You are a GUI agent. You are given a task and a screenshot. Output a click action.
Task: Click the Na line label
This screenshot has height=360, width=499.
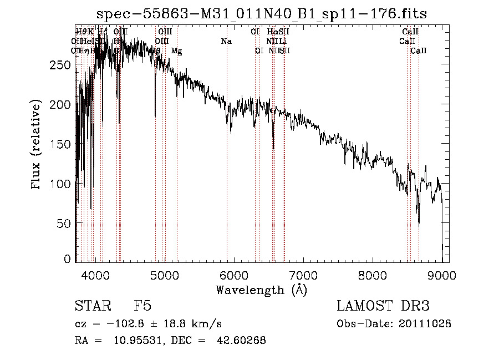tap(226, 41)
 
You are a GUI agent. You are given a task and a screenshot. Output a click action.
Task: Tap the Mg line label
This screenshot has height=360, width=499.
tap(176, 50)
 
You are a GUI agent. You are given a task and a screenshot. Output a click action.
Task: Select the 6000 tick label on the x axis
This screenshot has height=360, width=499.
tap(233, 275)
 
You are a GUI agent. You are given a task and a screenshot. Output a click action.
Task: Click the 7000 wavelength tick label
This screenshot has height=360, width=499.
tap(303, 275)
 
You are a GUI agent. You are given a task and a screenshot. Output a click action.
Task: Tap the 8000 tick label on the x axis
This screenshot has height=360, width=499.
tap(372, 275)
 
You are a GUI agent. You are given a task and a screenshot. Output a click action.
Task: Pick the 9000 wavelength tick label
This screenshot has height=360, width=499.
tap(441, 275)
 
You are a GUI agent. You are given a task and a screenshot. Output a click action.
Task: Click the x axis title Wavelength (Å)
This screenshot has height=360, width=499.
tap(261, 290)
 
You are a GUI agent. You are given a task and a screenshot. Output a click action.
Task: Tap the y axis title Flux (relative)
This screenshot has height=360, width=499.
tap(37, 144)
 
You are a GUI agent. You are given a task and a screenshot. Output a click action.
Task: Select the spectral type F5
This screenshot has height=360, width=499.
tap(142, 306)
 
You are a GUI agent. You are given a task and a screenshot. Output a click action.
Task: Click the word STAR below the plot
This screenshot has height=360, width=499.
tap(92, 306)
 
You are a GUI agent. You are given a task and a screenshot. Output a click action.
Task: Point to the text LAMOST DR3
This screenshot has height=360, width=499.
tap(383, 306)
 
